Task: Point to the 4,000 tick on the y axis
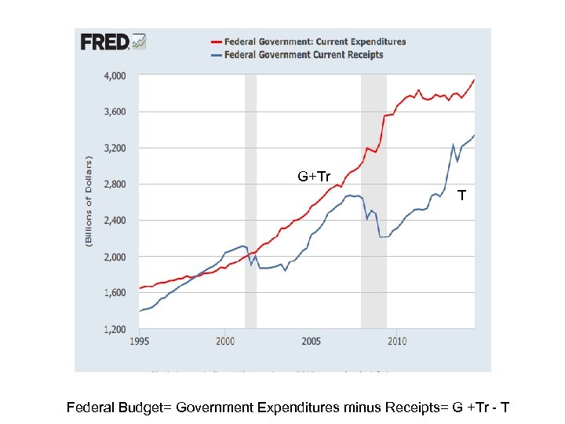(x=114, y=76)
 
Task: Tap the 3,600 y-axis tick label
(x=114, y=112)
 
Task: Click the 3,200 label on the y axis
(x=114, y=148)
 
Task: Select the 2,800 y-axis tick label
(x=114, y=185)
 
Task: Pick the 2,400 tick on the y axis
(x=114, y=221)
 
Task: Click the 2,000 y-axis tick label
(x=114, y=257)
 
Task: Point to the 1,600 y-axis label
(x=114, y=293)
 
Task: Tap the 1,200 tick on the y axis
(x=114, y=329)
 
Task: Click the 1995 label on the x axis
(x=140, y=342)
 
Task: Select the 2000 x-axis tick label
(x=225, y=342)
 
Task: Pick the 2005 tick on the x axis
(x=311, y=342)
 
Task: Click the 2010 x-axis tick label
(x=396, y=342)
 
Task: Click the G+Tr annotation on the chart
(x=313, y=177)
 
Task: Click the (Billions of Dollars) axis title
(x=89, y=202)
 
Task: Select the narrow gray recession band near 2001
(x=250, y=201)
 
